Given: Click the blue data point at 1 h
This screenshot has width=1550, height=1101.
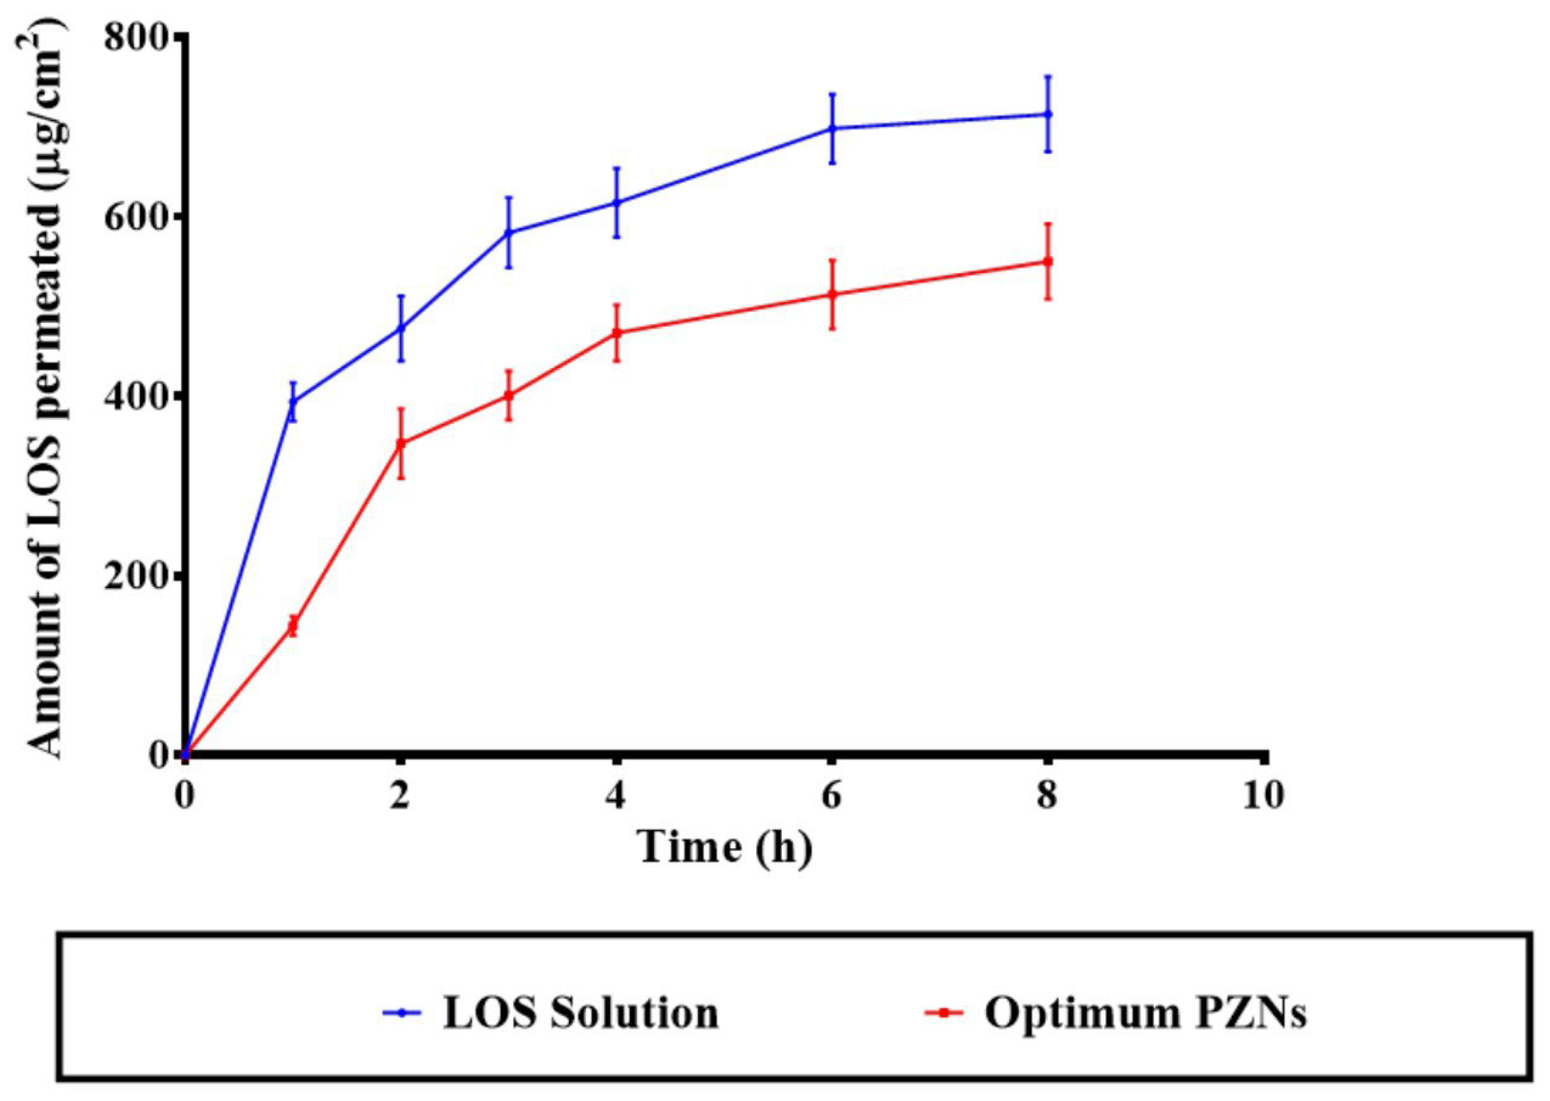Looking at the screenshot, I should pos(293,401).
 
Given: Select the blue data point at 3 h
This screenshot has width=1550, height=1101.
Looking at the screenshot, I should pos(508,233).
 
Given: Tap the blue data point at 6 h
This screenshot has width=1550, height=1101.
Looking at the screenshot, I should pos(832,128).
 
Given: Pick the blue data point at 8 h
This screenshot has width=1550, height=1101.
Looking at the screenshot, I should pos(1048,114).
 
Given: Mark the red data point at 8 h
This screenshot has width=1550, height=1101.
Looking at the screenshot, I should pos(1048,261).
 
